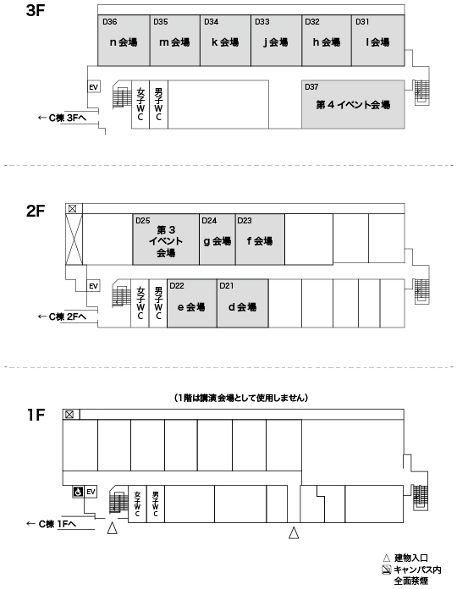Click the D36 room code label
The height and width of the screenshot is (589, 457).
coord(110,22)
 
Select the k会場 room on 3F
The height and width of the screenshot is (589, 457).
coord(225,41)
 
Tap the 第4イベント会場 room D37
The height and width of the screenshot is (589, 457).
coord(353,104)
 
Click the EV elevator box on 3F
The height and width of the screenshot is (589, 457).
coord(93,87)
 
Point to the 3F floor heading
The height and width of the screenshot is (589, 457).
coord(36,10)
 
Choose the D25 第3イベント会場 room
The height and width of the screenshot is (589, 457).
coord(166,239)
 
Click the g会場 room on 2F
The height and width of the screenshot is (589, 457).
coord(217,239)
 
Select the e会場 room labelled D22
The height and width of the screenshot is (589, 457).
coord(192,304)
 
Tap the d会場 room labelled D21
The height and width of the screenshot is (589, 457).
coord(243,304)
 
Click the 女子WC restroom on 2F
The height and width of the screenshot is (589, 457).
coord(140,304)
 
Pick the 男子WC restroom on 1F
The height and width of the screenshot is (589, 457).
coord(156,504)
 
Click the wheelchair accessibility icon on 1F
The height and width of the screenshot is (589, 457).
coord(78,492)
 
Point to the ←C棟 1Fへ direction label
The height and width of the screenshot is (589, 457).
coord(52,524)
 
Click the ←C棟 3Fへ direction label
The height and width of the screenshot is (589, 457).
coord(63,118)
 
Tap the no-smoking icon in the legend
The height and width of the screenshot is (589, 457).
coord(387,570)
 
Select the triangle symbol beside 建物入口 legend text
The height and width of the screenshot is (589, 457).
coord(387,559)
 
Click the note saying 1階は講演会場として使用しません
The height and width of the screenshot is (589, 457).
coord(240,398)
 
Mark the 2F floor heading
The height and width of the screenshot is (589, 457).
coord(36,211)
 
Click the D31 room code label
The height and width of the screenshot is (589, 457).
coord(362,22)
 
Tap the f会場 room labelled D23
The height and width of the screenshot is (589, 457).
coord(260,239)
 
